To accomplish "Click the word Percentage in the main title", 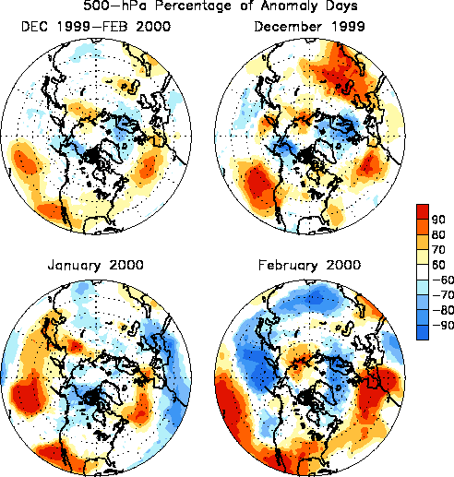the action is (193, 6).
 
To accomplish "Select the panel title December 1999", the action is (309, 27).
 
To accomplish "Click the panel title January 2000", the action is (96, 265).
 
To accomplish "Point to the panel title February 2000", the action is (309, 265).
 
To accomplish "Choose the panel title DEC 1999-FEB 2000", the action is (96, 27).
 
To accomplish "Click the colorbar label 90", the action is (438, 220).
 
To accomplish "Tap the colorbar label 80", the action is (438, 234).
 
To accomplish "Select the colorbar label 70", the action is (438, 249).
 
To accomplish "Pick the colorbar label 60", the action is (438, 265).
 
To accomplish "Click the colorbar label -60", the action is (443, 280).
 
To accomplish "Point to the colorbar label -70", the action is (443, 295).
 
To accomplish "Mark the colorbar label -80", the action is (443, 310).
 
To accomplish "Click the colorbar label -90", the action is (443, 325).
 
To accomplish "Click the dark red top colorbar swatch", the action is (423, 212).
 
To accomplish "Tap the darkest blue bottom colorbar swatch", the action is (423, 332).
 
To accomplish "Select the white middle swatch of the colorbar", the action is (423, 272).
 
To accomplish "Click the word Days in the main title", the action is (341, 6).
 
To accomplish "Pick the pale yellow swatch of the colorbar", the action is (423, 257).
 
